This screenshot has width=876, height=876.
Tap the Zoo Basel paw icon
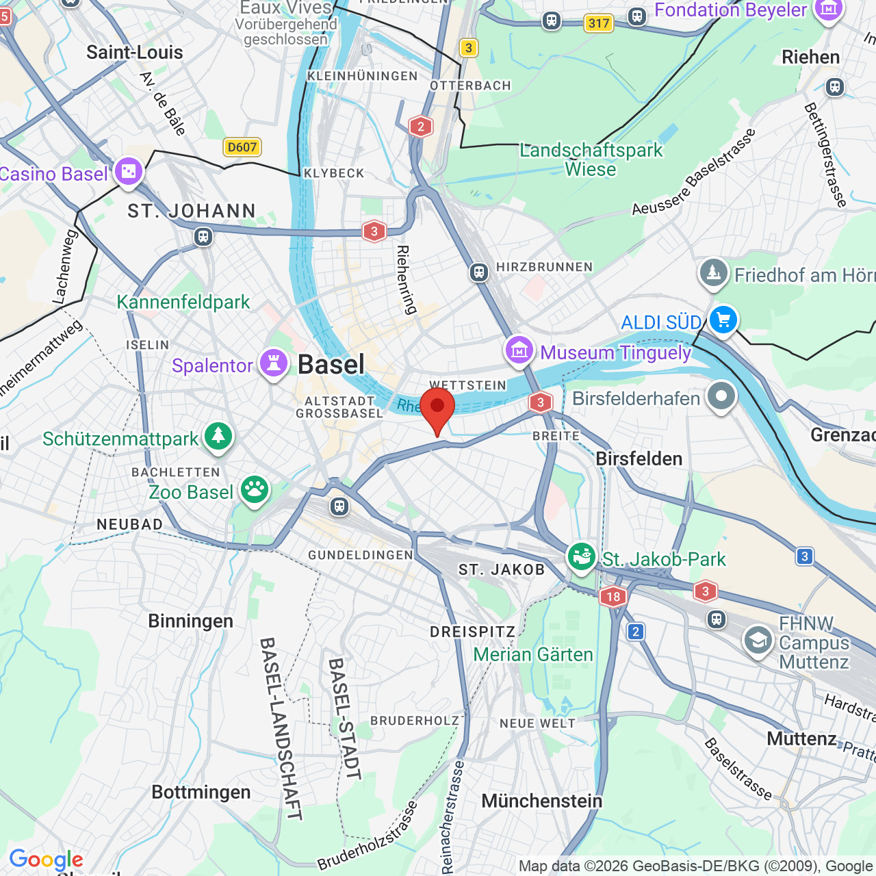point(255,489)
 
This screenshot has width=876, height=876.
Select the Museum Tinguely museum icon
point(519,350)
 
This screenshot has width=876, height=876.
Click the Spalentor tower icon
point(274,363)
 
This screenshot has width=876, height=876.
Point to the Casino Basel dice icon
point(129,171)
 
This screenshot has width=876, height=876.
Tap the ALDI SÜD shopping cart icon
point(723,319)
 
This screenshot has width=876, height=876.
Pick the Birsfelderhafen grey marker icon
point(721,396)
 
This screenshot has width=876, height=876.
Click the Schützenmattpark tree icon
point(218,435)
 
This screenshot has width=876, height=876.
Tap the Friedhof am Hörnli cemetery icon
point(713,272)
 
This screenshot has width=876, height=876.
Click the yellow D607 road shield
point(242,146)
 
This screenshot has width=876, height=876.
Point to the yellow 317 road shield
point(598,23)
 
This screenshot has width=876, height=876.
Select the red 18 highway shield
point(613,596)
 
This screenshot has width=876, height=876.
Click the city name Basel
point(331,365)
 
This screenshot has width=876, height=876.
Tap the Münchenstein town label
point(541,801)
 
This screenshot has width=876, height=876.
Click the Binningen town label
point(190,621)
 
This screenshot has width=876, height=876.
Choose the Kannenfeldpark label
point(183,302)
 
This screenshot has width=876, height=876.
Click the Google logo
point(46,860)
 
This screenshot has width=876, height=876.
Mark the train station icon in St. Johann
point(203,237)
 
